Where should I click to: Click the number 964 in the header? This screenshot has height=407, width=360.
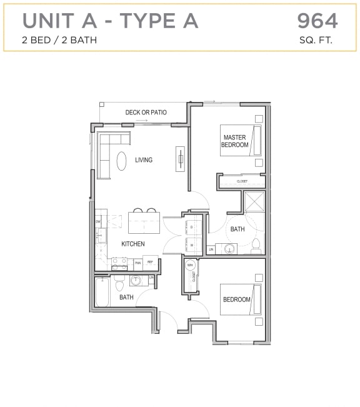click(x=317, y=21)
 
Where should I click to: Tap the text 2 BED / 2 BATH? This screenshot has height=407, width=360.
click(x=60, y=41)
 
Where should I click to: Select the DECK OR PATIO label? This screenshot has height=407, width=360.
click(x=146, y=113)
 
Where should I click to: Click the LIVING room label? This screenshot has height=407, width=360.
click(x=144, y=160)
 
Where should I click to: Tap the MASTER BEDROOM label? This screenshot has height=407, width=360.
click(x=234, y=141)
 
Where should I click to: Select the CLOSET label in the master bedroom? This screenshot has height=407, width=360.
click(x=242, y=181)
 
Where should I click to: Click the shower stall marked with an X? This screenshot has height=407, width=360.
click(x=255, y=203)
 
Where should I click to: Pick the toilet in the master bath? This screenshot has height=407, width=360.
click(x=256, y=246)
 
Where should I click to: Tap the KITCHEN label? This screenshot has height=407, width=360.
click(x=132, y=244)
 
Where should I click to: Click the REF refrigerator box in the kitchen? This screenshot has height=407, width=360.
click(x=150, y=263)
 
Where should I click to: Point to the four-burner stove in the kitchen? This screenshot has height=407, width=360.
click(x=119, y=264)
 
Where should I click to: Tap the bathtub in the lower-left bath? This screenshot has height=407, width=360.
click(x=103, y=293)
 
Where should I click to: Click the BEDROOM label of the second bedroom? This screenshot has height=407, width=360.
click(x=237, y=299)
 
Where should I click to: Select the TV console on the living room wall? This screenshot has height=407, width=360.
click(x=181, y=158)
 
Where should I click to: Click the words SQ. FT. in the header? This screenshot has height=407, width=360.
click(x=317, y=41)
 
